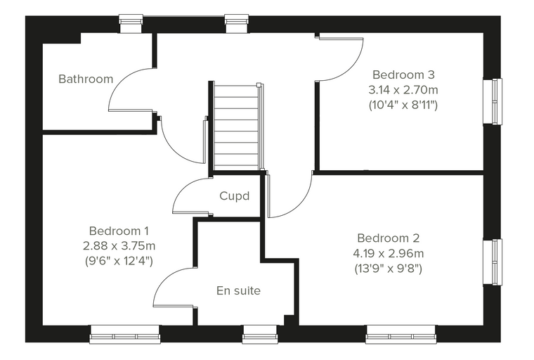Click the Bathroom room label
coord(86,79)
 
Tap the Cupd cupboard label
coord(234,196)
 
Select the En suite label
coord(238,291)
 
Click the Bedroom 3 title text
coord(403,75)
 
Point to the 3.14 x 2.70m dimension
coord(403,90)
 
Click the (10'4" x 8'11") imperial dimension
coord(403,105)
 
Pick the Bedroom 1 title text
coord(119,231)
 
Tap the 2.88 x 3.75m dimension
coord(119,245)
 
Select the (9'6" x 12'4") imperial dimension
coord(119,261)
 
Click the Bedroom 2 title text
coord(389,238)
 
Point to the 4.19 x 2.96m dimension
coord(389,253)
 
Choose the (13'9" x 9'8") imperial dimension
coord(389,269)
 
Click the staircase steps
coord(235,126)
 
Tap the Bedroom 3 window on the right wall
coord(493,101)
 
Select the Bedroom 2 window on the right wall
coord(493,262)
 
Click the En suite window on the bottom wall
coord(259,334)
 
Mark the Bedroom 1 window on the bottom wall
coord(125,334)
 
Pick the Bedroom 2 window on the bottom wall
coord(400,334)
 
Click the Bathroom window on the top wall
coord(131,23)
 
